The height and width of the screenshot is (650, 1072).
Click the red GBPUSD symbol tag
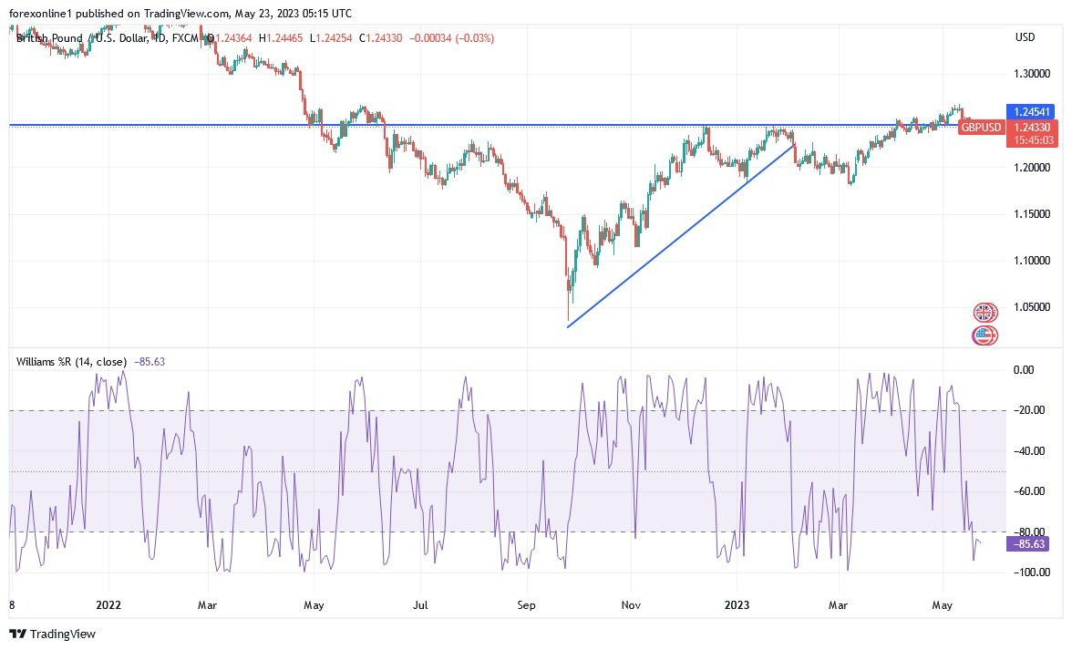tap(982, 127)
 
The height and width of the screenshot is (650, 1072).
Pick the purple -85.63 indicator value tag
tap(1026, 544)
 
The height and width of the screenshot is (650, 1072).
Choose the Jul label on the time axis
tap(420, 604)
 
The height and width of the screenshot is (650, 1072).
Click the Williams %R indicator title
tap(71, 362)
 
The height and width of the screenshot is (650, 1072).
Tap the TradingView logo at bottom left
tap(52, 634)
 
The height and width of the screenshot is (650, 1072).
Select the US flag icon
tap(984, 335)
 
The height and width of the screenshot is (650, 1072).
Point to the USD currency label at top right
tap(1025, 37)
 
